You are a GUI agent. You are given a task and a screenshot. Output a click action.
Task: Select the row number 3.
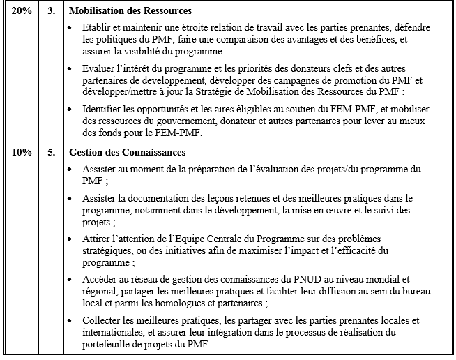coord(50,12)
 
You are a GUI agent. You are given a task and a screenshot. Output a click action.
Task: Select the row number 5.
coord(50,151)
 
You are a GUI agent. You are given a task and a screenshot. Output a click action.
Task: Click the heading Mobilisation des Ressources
coord(130,12)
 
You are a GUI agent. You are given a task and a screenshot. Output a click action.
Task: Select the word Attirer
coord(98,239)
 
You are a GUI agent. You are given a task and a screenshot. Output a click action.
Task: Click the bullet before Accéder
coord(75,280)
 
